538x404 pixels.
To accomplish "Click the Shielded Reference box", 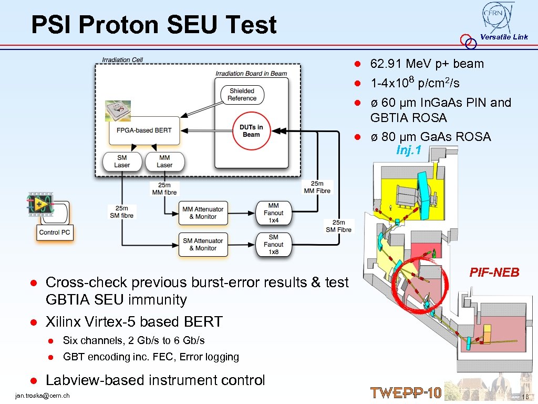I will (x=242, y=95).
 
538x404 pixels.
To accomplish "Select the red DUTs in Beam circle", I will (x=251, y=130).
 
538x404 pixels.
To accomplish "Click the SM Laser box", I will (x=122, y=161).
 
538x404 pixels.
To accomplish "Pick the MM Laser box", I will (x=164, y=161).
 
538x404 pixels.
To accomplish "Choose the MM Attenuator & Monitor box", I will (x=203, y=213).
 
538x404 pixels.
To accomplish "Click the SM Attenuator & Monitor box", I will (x=203, y=244).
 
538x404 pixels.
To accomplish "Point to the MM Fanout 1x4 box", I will (x=274, y=213).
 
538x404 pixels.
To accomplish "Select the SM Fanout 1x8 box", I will (x=274, y=244).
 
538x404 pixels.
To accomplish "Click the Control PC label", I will (x=55, y=233).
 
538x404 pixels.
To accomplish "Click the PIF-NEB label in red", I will (x=494, y=272).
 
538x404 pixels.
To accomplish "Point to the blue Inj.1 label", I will (x=409, y=150).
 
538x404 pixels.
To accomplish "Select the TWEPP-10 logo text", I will (x=406, y=393).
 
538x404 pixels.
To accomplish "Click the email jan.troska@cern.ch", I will (x=43, y=396).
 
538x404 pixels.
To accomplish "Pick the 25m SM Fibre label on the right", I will (x=339, y=226).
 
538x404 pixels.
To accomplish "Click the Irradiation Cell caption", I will (x=122, y=60).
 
